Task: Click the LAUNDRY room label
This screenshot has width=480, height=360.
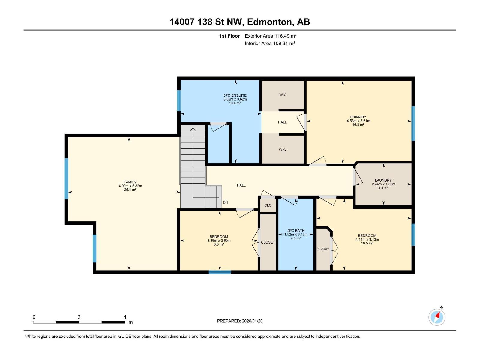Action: [383, 180]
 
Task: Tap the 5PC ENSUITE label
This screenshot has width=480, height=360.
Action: [235, 95]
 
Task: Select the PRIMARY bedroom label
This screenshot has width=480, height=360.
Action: [358, 117]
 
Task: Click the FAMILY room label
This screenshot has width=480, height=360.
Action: [130, 182]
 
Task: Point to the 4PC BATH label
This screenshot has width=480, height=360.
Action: [296, 231]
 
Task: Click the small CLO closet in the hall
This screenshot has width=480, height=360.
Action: [268, 205]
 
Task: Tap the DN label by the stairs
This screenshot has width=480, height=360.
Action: [226, 202]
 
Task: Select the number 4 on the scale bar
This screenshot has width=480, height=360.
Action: [125, 317]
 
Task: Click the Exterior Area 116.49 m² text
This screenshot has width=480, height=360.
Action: [271, 36]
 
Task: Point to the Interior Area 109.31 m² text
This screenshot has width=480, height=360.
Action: [270, 43]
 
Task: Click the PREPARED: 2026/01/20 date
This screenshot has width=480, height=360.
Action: [240, 321]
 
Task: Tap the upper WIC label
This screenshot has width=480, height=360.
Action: [283, 95]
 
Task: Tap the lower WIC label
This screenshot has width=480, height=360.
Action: [282, 150]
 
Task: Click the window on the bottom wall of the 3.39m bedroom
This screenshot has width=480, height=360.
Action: [220, 272]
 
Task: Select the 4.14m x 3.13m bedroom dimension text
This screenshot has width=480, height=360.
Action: [367, 240]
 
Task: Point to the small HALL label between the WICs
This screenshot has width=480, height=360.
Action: [282, 122]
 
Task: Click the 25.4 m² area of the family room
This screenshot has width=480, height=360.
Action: [130, 190]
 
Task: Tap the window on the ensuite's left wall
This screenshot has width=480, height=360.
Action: [179, 100]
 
